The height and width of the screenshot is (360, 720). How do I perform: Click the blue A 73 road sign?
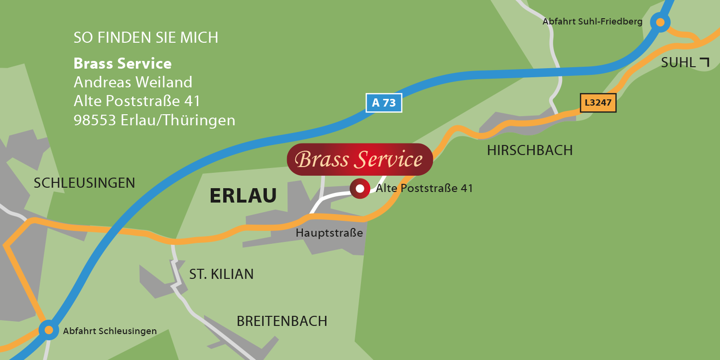click(x=384, y=103)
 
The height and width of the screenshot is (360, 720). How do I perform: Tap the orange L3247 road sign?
click(x=598, y=103)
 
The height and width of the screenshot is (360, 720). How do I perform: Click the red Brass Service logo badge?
click(x=360, y=159)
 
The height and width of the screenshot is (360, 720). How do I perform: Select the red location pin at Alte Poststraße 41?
click(x=360, y=188)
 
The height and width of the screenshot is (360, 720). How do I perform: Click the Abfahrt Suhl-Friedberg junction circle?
click(x=660, y=22)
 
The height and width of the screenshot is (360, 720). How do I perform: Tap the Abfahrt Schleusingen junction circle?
click(x=48, y=330)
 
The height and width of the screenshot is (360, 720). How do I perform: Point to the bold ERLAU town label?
click(x=243, y=196)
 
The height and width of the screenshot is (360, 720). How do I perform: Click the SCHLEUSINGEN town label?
click(x=84, y=183)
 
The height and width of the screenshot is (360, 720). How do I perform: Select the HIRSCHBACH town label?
click(x=530, y=150)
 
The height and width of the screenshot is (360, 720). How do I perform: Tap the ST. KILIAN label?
click(x=221, y=274)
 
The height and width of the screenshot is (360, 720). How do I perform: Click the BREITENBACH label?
click(x=282, y=321)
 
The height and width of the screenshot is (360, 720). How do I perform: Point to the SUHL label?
click(x=678, y=62)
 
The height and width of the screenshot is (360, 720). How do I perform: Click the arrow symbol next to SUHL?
click(x=704, y=62)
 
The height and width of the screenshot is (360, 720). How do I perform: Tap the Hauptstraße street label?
click(x=329, y=233)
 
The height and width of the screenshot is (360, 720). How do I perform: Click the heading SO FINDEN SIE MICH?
click(x=146, y=37)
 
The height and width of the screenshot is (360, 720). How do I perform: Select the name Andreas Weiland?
click(x=133, y=82)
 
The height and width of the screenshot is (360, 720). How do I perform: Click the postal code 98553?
click(x=95, y=120)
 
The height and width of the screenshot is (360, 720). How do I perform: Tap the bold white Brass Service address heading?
click(x=122, y=63)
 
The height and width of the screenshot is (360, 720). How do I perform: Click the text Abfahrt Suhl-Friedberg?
click(x=592, y=22)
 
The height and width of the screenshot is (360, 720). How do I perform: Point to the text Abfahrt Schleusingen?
click(x=110, y=331)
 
